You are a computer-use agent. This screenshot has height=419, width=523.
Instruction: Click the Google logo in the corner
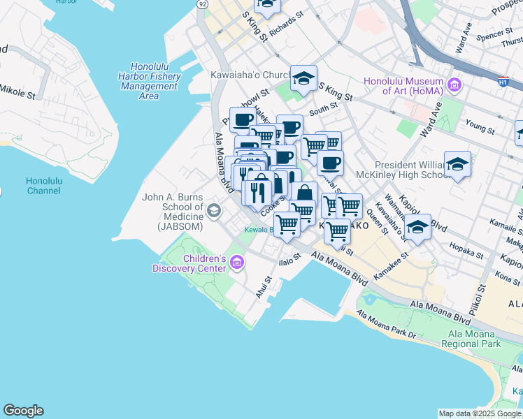point(23,411)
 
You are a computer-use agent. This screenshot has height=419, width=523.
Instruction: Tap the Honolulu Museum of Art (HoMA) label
point(406,86)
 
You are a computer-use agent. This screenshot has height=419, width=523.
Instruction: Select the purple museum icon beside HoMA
point(455,85)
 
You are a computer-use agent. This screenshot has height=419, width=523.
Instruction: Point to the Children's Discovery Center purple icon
point(237,263)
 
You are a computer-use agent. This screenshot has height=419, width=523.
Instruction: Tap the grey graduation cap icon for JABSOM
point(215,209)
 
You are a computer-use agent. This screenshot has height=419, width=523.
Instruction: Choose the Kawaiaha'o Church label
point(250,75)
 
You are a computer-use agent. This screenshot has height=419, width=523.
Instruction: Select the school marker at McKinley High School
point(457,164)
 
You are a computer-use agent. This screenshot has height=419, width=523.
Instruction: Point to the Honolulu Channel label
point(45,185)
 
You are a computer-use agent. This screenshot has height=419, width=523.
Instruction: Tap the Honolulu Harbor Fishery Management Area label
point(148,81)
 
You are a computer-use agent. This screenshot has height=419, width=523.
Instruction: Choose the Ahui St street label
point(263,287)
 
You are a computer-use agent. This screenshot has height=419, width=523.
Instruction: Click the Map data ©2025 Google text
point(480,413)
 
